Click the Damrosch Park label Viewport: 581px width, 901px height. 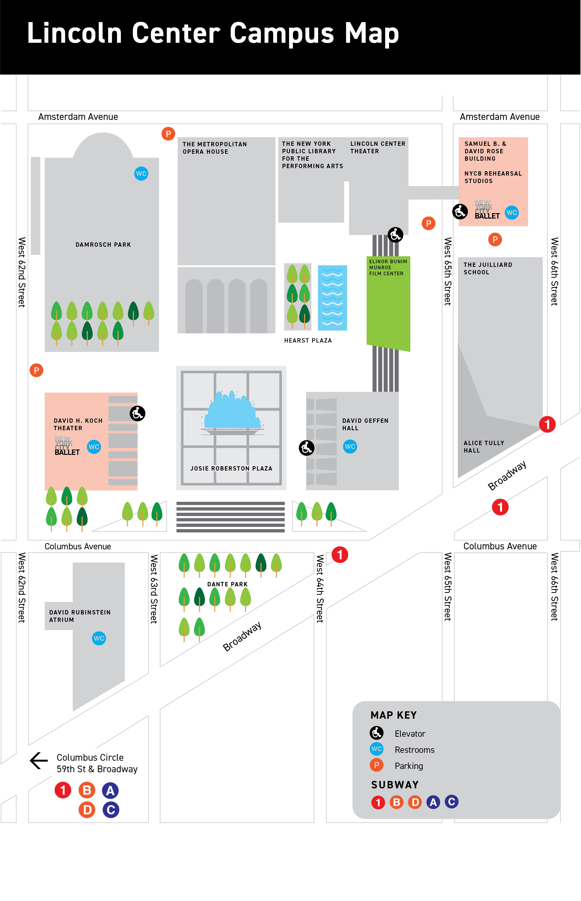point(103,245)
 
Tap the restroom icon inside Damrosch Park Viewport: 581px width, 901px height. point(141,173)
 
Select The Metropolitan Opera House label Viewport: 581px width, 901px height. point(214,148)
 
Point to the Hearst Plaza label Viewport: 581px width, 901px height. point(308,341)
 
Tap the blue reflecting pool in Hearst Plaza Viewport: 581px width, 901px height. point(332,298)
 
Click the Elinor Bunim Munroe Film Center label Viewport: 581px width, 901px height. point(388,267)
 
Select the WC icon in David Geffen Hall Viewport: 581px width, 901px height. point(350,447)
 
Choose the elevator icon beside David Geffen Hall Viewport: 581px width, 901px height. point(306,448)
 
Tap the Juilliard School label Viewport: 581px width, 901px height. point(488,269)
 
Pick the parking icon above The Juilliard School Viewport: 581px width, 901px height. point(494,239)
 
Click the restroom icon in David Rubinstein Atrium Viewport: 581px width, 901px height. point(99,638)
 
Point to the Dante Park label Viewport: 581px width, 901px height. point(227,584)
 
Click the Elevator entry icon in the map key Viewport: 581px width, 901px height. point(376,733)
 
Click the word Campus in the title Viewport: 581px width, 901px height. point(282,33)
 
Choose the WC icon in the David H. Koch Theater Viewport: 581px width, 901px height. point(94,447)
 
